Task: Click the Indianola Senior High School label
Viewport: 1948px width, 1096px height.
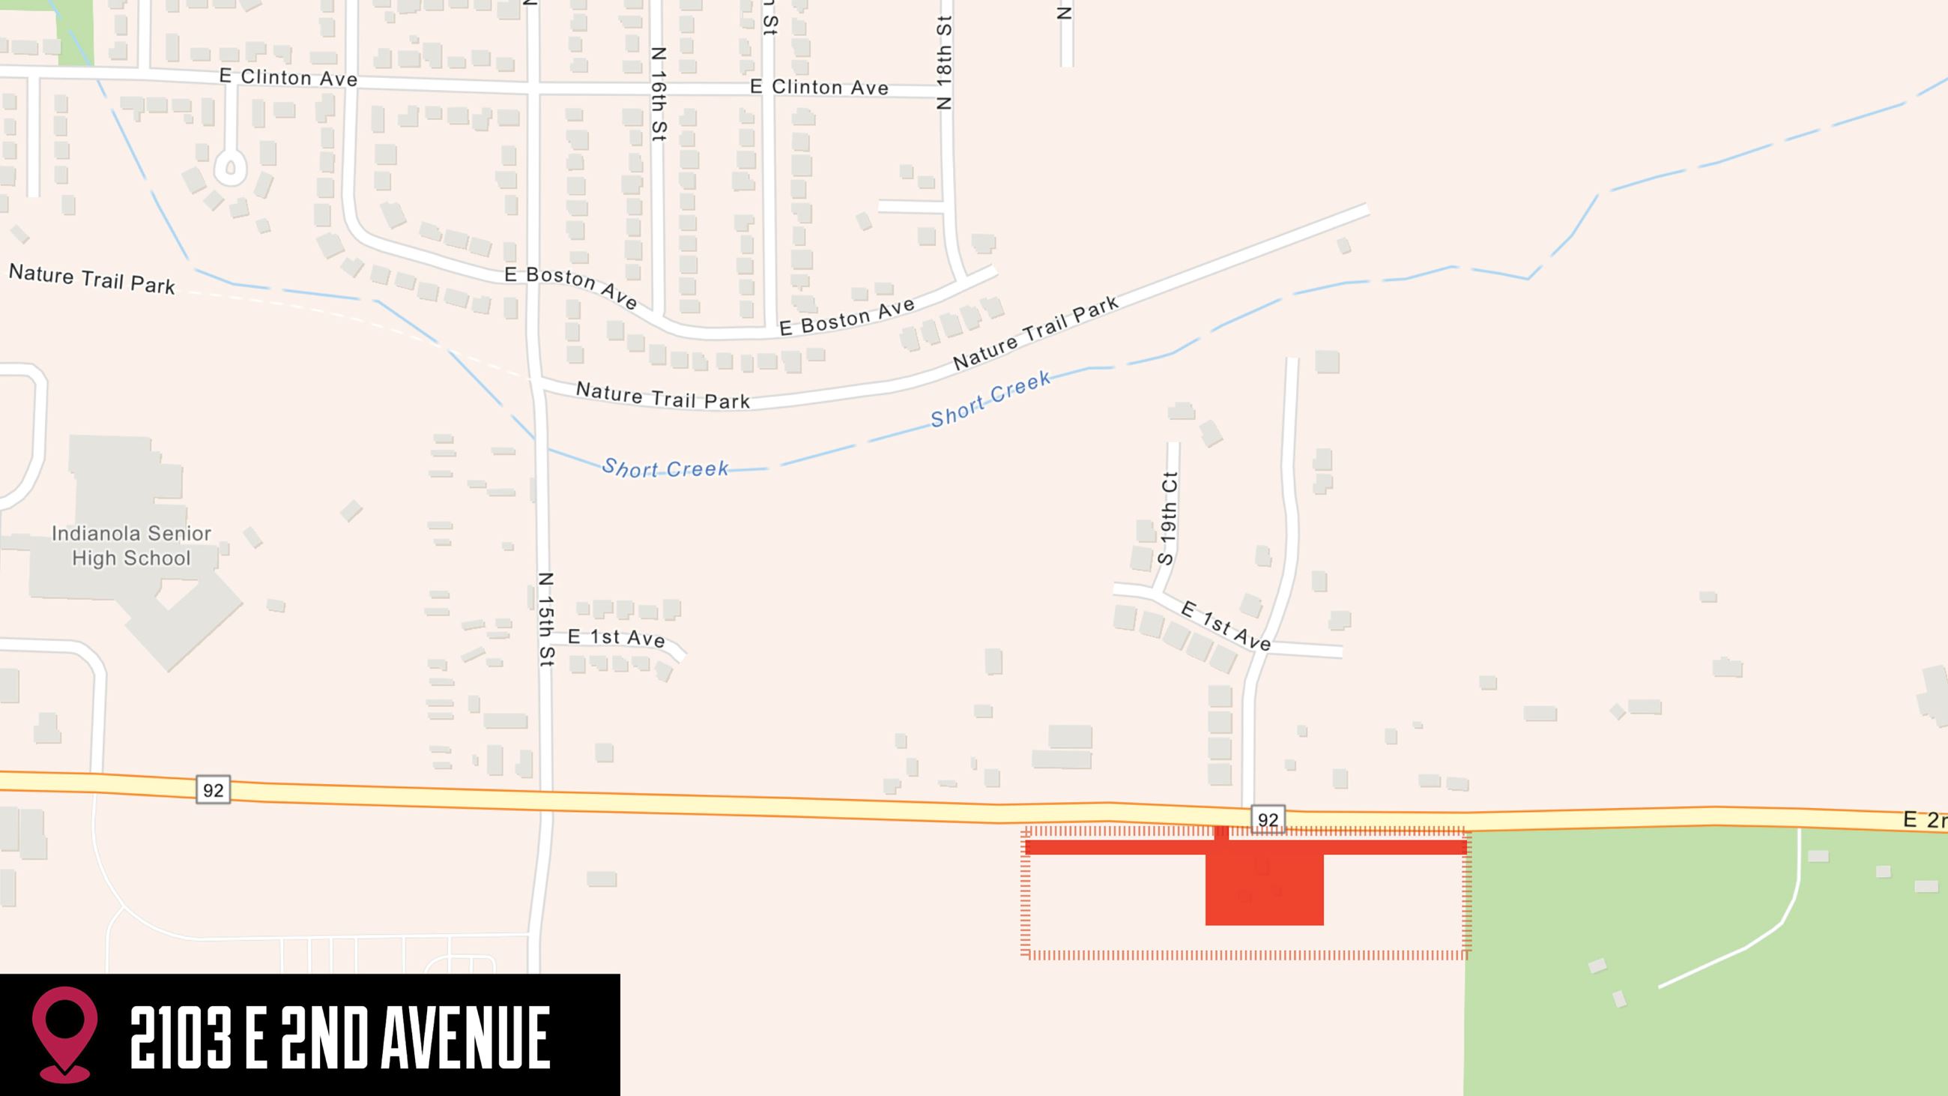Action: pos(131,545)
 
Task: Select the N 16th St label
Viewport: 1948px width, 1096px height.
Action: pos(659,94)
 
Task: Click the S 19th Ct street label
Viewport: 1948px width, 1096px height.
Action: pos(1168,518)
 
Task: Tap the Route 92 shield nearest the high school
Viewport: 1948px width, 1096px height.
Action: pos(214,789)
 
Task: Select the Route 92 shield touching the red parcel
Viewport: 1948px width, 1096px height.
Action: pos(1268,819)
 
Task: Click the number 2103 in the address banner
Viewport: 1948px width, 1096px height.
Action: pos(180,1037)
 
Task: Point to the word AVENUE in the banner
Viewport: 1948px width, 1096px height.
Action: pos(465,1037)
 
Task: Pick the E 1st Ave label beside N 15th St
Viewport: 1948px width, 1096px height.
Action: pos(617,638)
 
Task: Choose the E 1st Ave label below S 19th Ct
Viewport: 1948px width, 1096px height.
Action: pos(1226,625)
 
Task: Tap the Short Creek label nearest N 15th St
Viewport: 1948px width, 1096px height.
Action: pos(665,469)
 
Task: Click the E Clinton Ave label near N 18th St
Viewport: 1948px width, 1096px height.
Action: pos(819,87)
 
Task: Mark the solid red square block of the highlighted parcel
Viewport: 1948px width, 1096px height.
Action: pos(1265,889)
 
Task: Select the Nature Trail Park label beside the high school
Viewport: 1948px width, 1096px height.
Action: pos(91,278)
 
